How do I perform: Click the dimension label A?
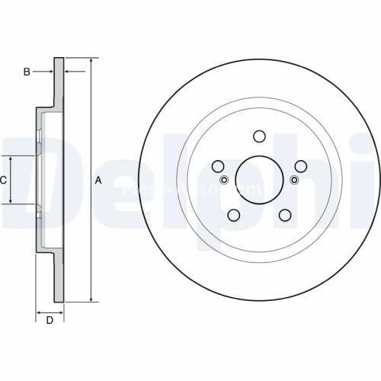click(98, 181)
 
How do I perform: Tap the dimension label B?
click(27, 72)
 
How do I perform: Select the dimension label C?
click(4, 181)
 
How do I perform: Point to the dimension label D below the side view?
click(50, 320)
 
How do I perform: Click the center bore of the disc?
click(258, 180)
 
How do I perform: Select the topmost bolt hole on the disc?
click(258, 136)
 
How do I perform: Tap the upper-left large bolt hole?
click(217, 166)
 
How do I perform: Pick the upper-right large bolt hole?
click(300, 166)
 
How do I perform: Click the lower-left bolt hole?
click(233, 216)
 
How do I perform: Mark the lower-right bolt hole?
click(284, 216)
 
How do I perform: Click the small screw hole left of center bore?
click(224, 180)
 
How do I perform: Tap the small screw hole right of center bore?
click(294, 180)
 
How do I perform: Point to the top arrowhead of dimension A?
click(91, 60)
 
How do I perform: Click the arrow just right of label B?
click(50, 72)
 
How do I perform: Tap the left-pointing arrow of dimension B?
click(68, 72)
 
